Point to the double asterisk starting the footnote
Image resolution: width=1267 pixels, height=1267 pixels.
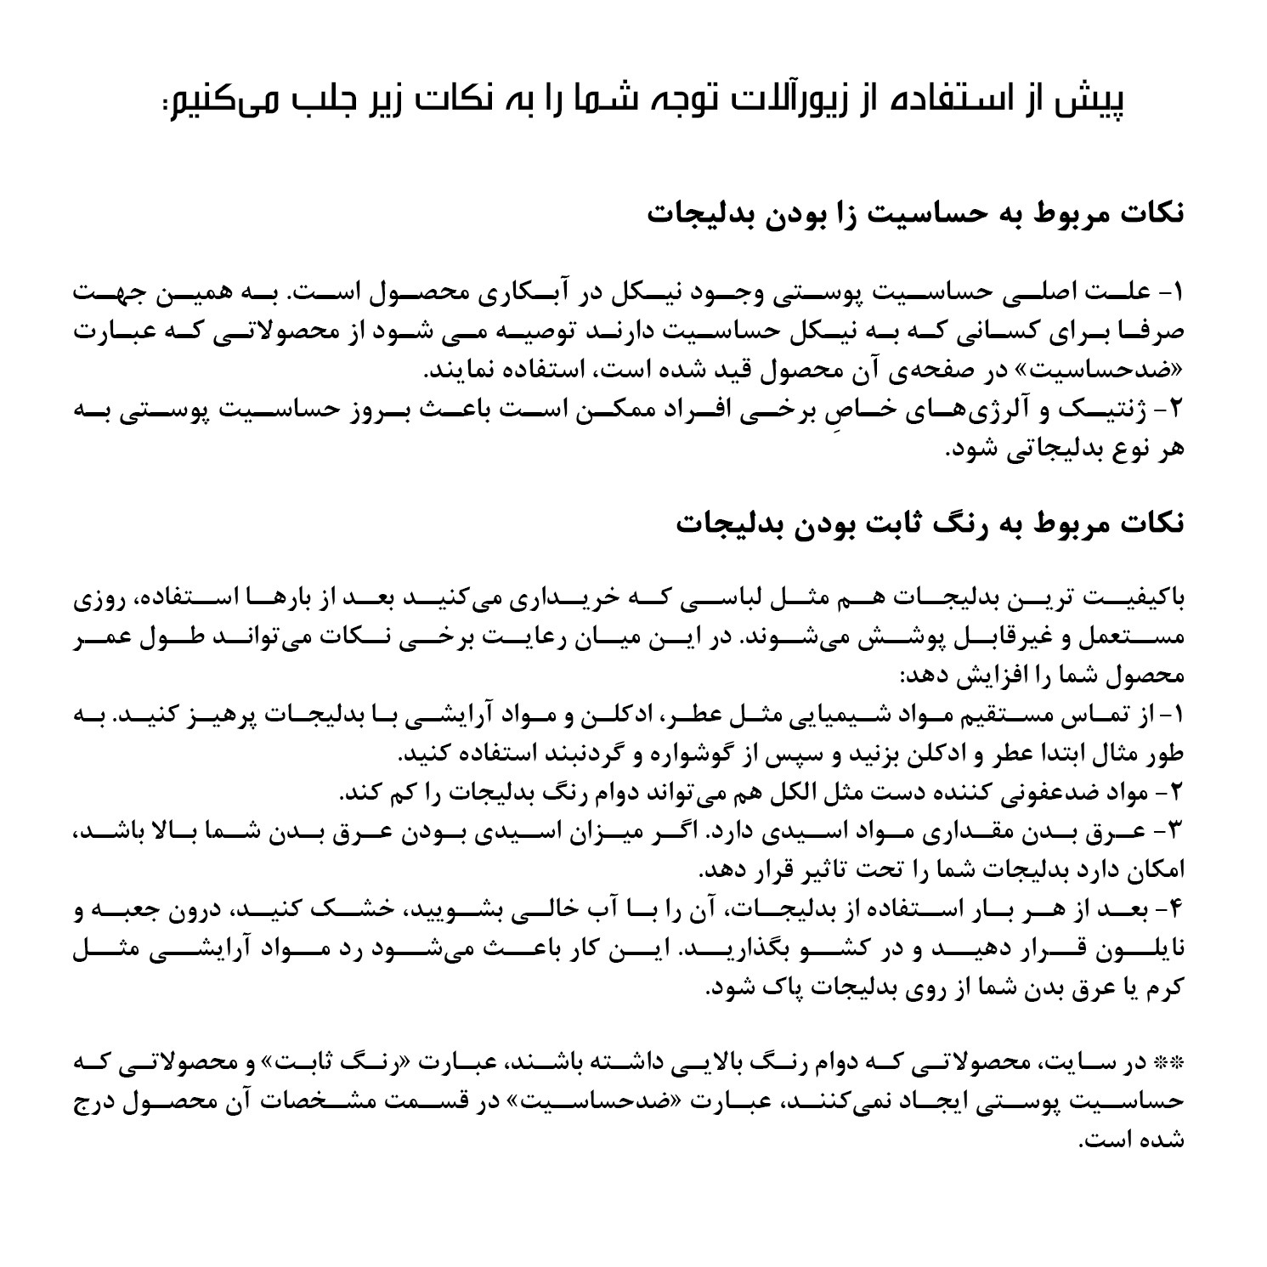coord(1171,1063)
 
